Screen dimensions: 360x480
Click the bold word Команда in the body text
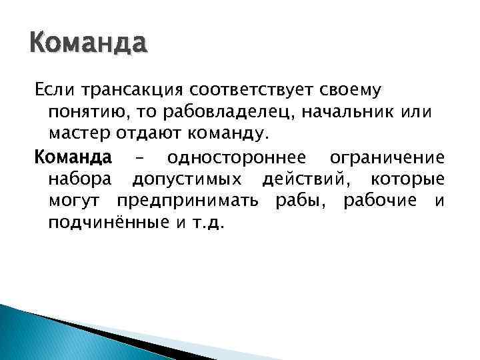(73, 158)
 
